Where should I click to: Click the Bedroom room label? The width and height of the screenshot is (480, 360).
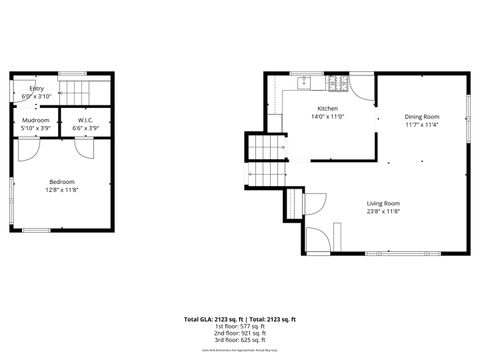pos(61,181)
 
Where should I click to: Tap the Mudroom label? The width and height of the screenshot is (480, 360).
pos(35,120)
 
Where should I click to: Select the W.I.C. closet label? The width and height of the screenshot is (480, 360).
pos(85,120)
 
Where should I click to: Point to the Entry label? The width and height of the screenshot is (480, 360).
pos(36,88)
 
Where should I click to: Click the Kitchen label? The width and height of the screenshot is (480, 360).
pos(328,108)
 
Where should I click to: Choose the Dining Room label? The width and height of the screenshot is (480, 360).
pos(422,117)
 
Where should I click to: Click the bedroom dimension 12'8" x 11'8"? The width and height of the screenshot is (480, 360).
pos(61,189)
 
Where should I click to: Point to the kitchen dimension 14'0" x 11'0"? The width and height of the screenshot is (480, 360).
pos(328,116)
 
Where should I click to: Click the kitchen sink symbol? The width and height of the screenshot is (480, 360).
pos(301,80)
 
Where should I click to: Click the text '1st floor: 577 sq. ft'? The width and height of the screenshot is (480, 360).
pos(239,326)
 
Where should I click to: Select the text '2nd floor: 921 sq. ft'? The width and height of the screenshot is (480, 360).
pos(239,333)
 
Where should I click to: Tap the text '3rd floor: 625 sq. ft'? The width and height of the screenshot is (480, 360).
pos(239,340)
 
